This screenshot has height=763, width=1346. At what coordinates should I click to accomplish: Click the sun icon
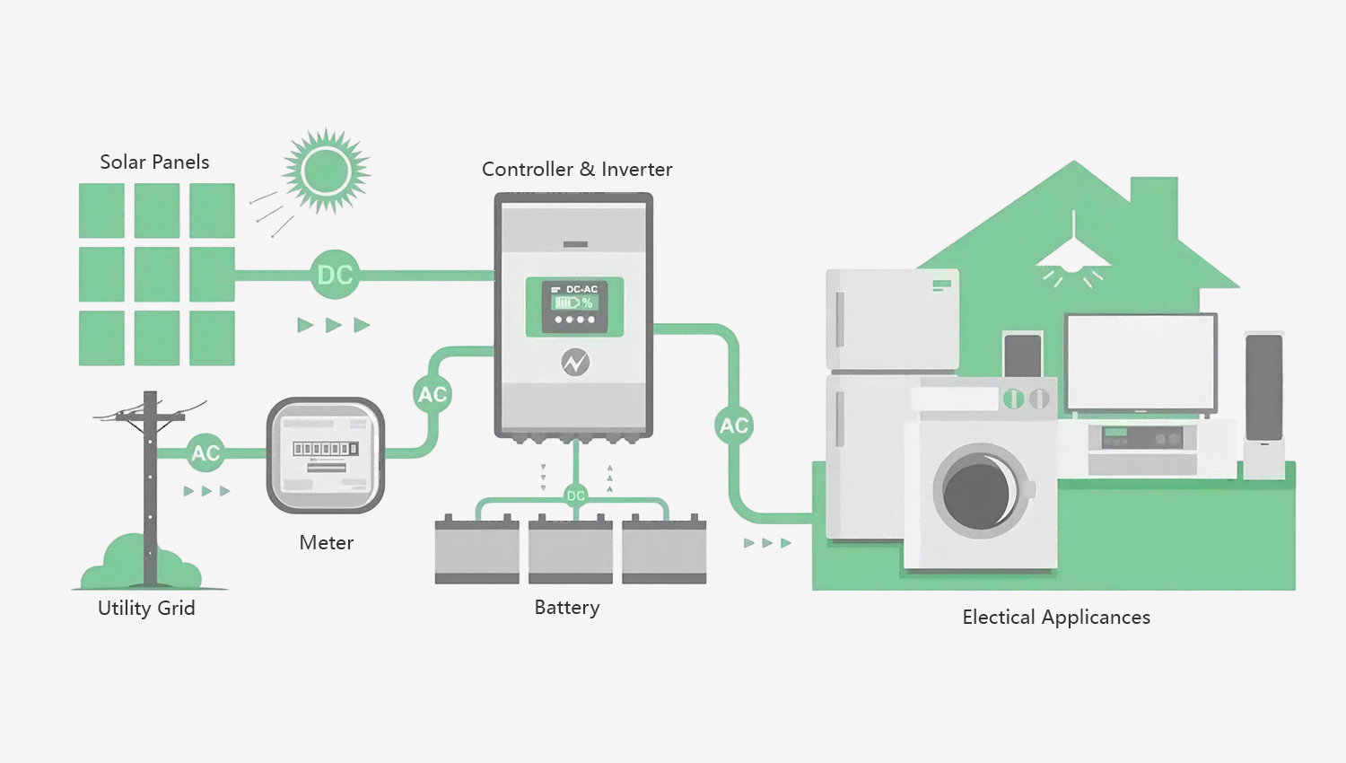click(x=326, y=171)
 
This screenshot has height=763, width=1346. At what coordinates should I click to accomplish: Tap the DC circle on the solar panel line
click(x=335, y=274)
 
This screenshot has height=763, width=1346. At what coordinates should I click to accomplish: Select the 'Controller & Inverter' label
click(x=576, y=170)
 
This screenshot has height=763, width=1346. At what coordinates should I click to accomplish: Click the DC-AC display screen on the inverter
click(x=574, y=306)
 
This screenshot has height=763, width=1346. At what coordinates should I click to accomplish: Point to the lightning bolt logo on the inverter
click(x=574, y=363)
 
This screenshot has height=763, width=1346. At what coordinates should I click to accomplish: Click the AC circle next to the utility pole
click(x=205, y=453)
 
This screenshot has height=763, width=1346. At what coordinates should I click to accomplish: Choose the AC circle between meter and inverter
click(x=433, y=394)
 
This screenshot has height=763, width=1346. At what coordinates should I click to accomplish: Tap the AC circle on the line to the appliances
click(x=734, y=425)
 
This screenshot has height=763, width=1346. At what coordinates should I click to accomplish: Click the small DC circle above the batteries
click(x=575, y=496)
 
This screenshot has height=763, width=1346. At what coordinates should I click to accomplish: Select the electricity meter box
click(x=326, y=454)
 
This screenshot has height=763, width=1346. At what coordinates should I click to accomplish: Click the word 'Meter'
click(x=326, y=543)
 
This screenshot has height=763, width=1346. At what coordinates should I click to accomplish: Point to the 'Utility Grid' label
click(x=146, y=609)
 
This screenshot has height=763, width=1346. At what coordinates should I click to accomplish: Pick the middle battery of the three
click(x=570, y=549)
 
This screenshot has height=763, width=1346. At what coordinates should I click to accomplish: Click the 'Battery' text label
click(x=566, y=608)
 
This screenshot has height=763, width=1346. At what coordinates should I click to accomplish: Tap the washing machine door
click(x=979, y=491)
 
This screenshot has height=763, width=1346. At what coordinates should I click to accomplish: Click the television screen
click(x=1140, y=362)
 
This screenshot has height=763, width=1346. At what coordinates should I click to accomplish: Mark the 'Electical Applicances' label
click(x=1055, y=618)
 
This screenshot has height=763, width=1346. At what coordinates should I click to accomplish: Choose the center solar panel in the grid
click(x=157, y=274)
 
